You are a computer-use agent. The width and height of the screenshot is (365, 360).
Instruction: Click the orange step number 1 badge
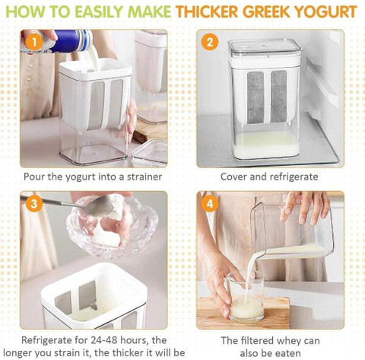click(x=33, y=43)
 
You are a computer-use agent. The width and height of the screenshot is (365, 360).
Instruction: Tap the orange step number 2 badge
click(x=210, y=42)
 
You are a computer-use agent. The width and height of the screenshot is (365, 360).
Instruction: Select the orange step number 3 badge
click(x=33, y=204)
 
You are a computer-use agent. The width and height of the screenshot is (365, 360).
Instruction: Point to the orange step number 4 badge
click(x=210, y=204)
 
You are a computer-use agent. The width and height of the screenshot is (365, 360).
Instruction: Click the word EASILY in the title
click(x=101, y=11)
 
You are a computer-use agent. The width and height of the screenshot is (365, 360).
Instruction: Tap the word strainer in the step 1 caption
click(x=144, y=177)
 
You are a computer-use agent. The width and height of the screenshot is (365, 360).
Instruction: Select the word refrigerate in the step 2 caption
click(x=294, y=177)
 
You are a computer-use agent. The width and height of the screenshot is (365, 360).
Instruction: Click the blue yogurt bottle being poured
click(x=70, y=40)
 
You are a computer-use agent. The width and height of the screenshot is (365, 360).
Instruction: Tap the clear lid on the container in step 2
click(x=264, y=49)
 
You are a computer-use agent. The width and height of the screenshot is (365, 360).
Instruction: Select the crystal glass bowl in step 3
click(x=112, y=225)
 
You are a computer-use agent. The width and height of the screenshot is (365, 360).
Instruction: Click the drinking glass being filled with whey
click(x=246, y=296)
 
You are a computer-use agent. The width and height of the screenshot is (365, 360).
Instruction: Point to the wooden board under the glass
click(x=243, y=312)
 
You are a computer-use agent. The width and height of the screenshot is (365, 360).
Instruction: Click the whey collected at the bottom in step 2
click(x=265, y=145)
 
